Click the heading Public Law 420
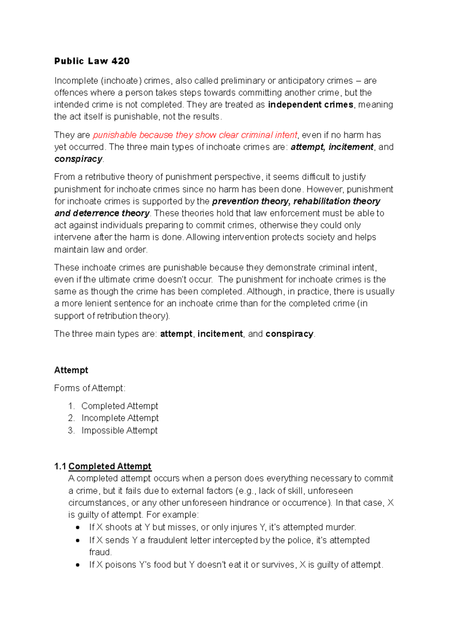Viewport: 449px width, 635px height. tap(92, 61)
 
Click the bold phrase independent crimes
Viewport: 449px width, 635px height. tap(311, 104)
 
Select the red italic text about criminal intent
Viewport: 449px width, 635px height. tap(195, 135)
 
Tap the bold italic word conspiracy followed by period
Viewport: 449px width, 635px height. tap(78, 159)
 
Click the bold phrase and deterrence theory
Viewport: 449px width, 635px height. tap(102, 213)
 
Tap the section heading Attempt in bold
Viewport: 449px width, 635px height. tap(71, 370)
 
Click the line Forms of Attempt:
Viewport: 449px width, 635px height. tap(90, 388)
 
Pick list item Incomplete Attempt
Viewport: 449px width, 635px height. tap(120, 418)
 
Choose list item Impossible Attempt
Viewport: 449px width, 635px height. tap(119, 430)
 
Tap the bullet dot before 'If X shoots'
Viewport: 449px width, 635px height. tap(77, 528)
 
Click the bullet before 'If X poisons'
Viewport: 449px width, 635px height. tap(77, 565)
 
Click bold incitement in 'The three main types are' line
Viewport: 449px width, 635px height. tap(220, 334)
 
